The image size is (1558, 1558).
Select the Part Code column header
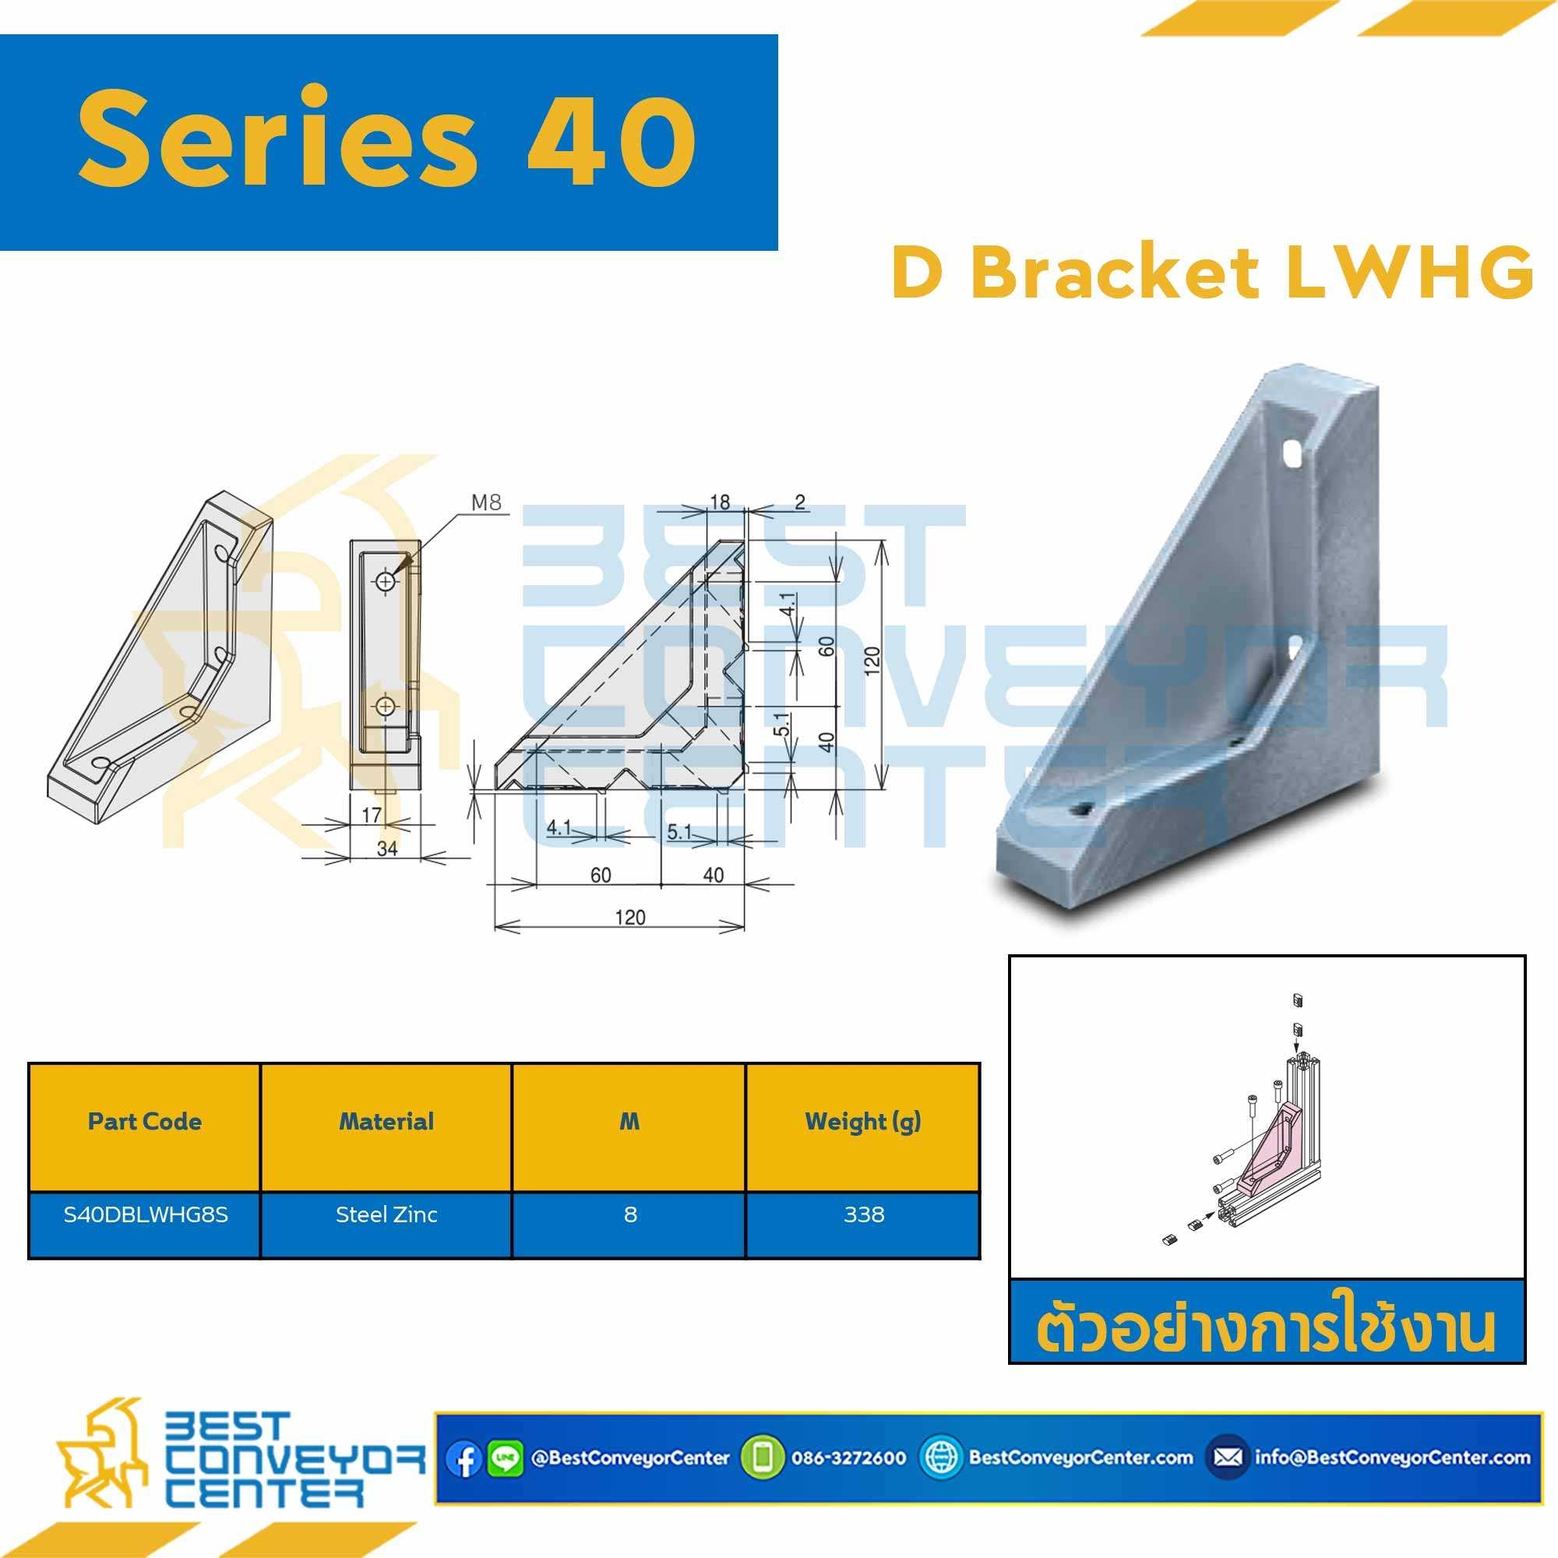point(144,1122)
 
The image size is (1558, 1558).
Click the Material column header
point(386,1122)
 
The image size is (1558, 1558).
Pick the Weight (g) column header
point(863,1123)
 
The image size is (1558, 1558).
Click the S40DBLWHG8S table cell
point(146,1214)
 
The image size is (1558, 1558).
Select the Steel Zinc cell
point(386,1214)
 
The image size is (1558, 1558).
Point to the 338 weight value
point(864,1214)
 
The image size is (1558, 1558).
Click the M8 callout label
point(486,502)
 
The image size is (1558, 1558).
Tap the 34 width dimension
point(387,848)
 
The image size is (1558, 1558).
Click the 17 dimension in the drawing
point(371,815)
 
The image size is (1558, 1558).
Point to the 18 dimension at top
point(719,502)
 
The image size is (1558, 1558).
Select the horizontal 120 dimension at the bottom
point(629,917)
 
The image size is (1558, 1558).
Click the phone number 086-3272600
point(848,1458)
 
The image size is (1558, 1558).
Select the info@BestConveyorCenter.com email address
point(1393,1458)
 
